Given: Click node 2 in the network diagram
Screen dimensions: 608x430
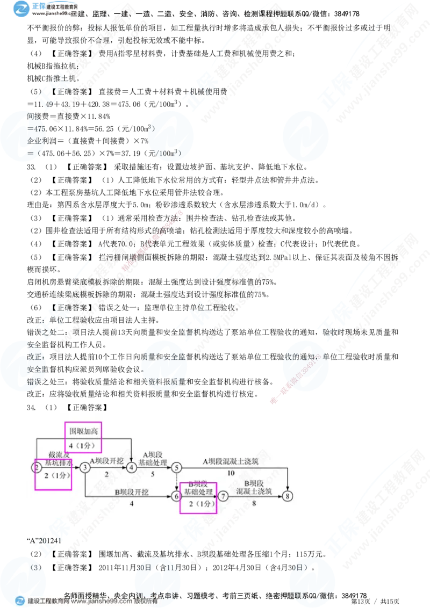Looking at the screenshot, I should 37,468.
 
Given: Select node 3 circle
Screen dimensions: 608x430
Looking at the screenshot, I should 85,468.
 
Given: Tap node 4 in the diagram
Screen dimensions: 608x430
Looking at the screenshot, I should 132,468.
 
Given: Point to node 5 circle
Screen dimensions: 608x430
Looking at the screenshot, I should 177,468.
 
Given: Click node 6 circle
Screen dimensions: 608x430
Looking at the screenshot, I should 176,496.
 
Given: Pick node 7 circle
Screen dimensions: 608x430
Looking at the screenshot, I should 223,496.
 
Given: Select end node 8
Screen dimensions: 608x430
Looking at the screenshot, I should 289,496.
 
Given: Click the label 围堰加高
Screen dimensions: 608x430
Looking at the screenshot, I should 83,431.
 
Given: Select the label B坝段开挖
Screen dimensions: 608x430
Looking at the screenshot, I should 132,491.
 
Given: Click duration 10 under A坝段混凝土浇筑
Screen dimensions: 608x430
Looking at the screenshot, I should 231,474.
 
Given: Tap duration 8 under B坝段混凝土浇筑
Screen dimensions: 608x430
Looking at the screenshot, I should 254,504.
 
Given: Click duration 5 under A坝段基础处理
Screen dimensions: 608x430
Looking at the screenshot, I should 153,474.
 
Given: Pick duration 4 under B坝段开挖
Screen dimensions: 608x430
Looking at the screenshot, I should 131,504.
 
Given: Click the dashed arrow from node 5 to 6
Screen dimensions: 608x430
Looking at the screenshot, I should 177,482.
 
